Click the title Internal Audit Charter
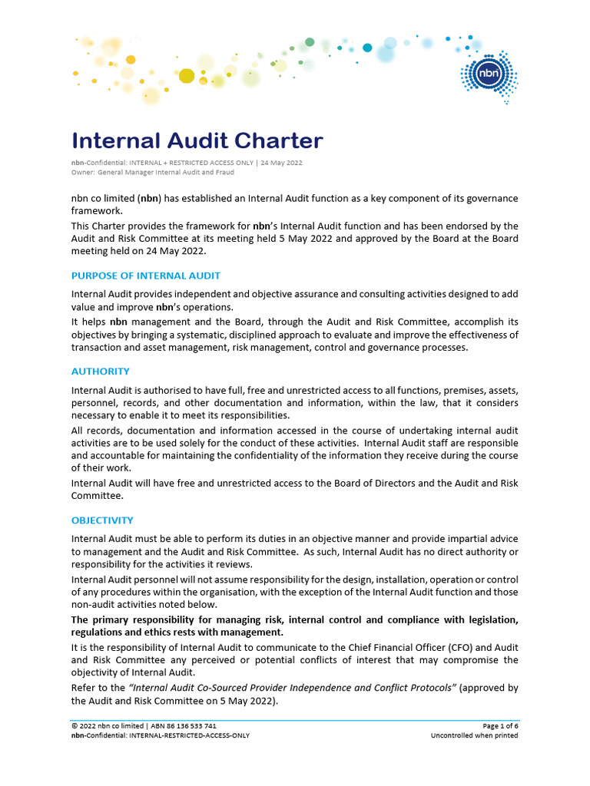coord(197,141)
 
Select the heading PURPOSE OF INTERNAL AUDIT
coord(146,276)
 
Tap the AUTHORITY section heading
coord(101,372)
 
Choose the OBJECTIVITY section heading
coord(102,520)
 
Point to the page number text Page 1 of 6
coord(500,725)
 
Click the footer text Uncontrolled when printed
coord(474,735)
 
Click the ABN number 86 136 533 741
coord(187,725)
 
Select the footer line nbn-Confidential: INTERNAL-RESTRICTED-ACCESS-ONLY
coord(160,735)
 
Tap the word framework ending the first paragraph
coord(97,210)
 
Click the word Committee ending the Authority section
coord(98,495)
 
